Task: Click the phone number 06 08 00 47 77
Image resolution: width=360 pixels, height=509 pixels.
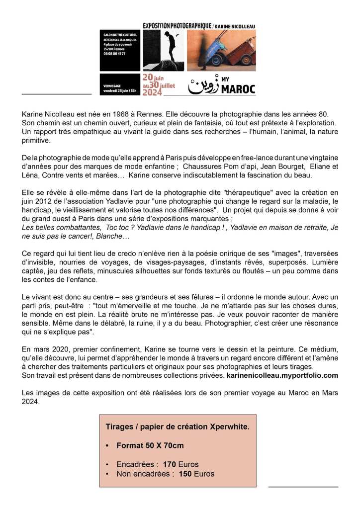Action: pos(114,53)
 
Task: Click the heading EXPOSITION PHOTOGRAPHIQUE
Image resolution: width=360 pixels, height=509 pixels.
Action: pos(176,25)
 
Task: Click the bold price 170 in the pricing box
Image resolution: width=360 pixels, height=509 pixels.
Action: pos(170,464)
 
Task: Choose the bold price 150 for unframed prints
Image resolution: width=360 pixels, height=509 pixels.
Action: pos(185,474)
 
